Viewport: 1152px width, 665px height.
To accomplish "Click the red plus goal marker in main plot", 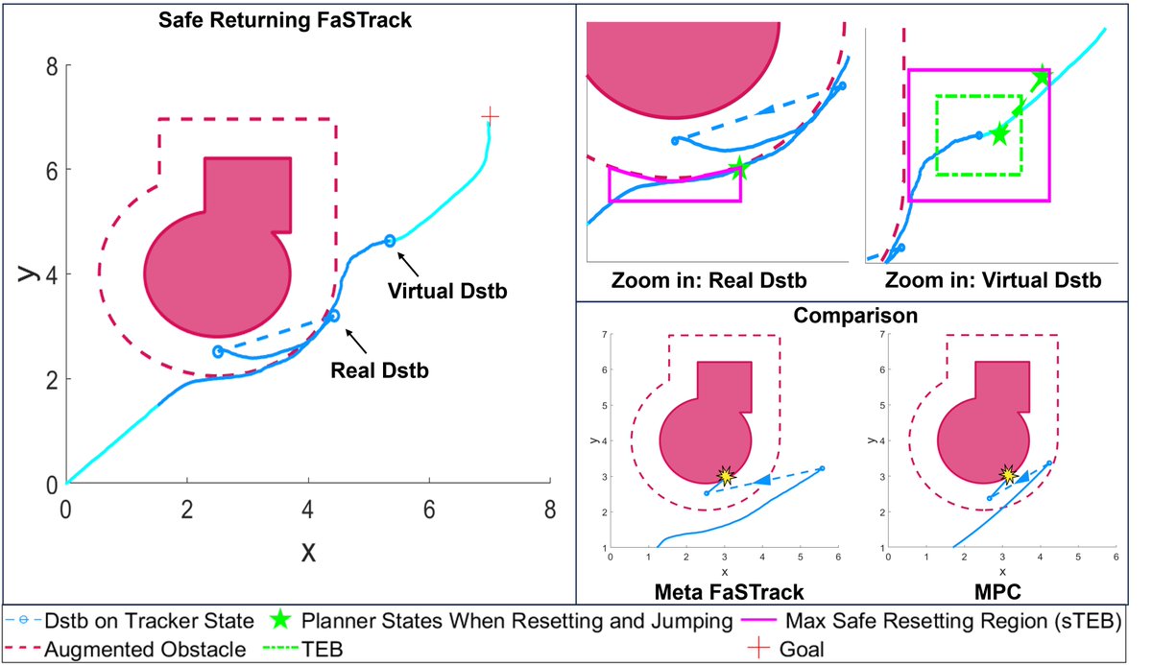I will [491, 116].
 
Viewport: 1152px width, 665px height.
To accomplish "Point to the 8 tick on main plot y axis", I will [55, 65].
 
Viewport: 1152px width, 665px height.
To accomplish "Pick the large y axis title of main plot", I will [28, 274].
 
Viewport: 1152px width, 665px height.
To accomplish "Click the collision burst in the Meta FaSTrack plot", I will [726, 475].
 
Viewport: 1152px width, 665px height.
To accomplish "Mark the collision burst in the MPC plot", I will [1008, 474].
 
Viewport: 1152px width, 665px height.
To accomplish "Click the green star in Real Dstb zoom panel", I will [739, 169].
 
